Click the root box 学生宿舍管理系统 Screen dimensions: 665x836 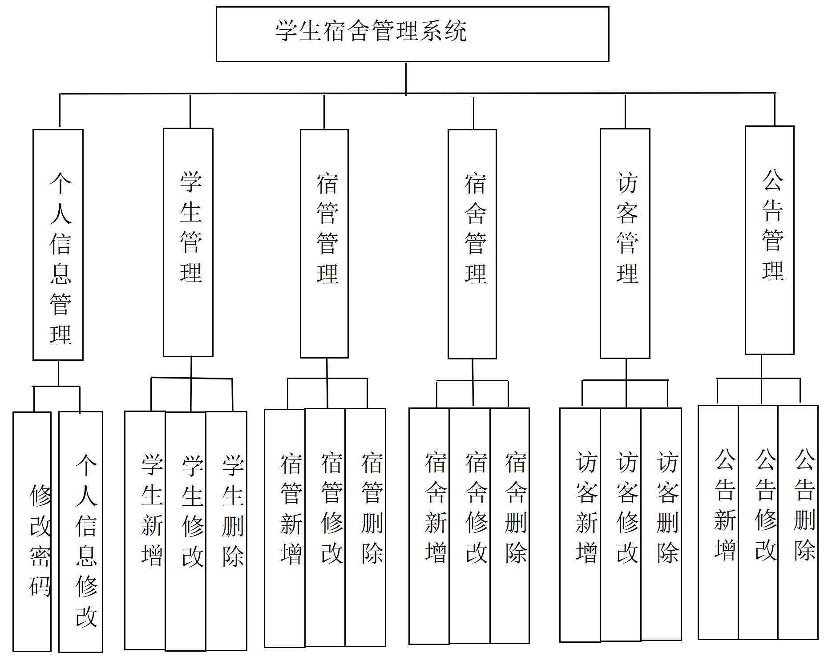point(412,34)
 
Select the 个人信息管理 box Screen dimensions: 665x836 point(58,245)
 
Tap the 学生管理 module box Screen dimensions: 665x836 point(188,242)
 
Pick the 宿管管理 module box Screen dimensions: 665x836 point(324,244)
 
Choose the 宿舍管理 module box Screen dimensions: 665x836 point(472,244)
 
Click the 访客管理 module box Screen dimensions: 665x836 point(625,243)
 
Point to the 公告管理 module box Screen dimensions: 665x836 point(769,240)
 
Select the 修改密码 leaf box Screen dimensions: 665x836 point(32,532)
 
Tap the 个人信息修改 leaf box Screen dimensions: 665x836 point(81,532)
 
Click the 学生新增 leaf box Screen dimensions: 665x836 point(145,530)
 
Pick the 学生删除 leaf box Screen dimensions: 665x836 point(226,531)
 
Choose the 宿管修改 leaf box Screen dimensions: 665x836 point(325,527)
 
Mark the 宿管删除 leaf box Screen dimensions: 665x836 point(365,527)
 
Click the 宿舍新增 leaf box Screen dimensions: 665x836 point(429,526)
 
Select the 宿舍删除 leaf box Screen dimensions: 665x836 point(510,525)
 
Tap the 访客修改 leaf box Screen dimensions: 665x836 point(621,525)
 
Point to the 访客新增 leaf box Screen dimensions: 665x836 point(580,525)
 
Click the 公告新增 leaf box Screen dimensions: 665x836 point(719,522)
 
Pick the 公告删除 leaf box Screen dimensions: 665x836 point(798,522)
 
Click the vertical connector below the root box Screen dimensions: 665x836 point(406,78)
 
